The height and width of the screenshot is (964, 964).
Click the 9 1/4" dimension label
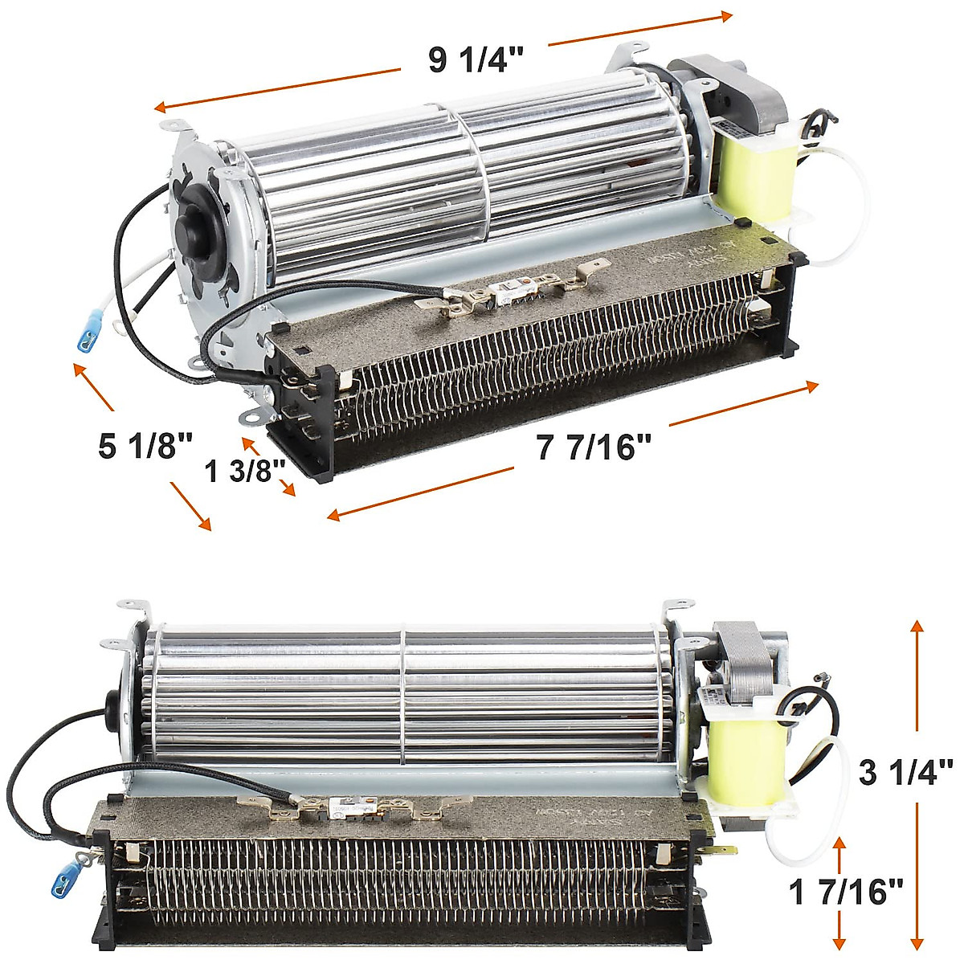[x=476, y=60]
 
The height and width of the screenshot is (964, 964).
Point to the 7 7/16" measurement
[x=593, y=447]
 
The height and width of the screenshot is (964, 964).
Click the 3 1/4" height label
[x=905, y=773]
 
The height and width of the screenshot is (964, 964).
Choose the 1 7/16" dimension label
[x=845, y=892]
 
